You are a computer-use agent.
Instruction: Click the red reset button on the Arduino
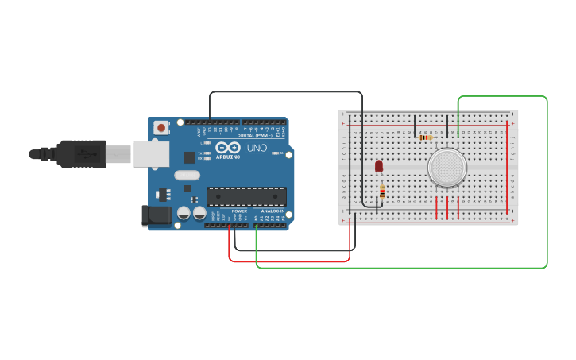point(161,127)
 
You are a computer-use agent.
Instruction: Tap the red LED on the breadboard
point(379,165)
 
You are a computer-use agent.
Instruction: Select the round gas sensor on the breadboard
point(447,168)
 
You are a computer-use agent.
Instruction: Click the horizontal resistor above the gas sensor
point(426,137)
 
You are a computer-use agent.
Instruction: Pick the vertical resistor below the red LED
point(382,191)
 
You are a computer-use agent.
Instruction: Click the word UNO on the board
point(257,148)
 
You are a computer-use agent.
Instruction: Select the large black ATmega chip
point(246,196)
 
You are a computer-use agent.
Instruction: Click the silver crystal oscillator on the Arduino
point(187,175)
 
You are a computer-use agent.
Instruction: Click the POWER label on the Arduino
point(239,211)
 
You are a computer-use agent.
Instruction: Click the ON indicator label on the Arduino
point(280,153)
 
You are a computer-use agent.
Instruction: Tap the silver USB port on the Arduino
point(151,154)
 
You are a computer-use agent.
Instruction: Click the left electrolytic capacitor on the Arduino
point(184,213)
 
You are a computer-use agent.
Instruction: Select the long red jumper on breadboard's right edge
point(507,167)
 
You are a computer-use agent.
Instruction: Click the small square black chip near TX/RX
point(189,157)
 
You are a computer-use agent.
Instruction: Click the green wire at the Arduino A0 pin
point(256,230)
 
